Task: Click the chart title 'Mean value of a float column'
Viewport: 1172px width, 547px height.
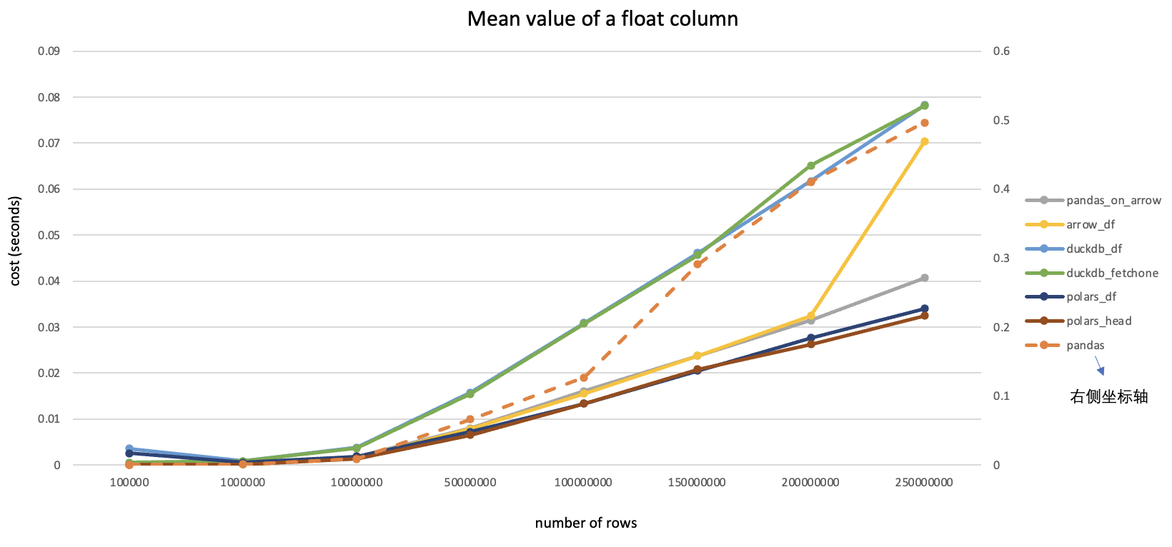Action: (602, 19)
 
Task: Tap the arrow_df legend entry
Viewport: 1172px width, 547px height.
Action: (1091, 225)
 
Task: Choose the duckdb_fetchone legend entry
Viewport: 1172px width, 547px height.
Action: (1112, 273)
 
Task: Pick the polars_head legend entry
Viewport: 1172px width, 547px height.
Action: (1098, 321)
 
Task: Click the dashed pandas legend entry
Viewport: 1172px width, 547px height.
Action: (1085, 346)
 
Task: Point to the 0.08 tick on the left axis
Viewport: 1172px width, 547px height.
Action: (49, 97)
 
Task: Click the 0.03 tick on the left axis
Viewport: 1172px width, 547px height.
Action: (49, 327)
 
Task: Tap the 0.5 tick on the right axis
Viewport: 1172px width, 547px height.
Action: (1001, 120)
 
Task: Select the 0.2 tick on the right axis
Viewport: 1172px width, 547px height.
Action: (1001, 327)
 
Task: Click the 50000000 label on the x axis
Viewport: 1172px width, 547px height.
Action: (470, 483)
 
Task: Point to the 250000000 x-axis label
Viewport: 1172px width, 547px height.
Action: (924, 483)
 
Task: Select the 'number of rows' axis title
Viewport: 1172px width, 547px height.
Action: (586, 523)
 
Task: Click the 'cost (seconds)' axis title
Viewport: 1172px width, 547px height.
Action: (15, 241)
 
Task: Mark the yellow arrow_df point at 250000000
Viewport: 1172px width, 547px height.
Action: (924, 141)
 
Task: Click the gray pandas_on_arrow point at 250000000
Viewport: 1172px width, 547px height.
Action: (924, 278)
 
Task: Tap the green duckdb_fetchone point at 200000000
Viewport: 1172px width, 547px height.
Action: (811, 166)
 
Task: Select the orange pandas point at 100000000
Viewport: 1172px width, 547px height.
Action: (584, 378)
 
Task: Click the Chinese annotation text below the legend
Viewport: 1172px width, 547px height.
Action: (1108, 397)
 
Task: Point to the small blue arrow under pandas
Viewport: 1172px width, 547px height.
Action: (1101, 366)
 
